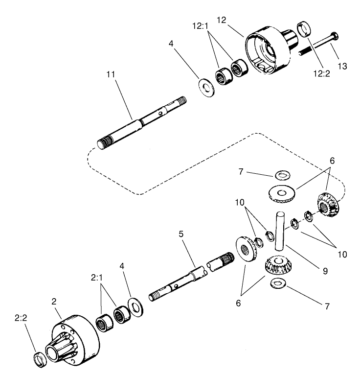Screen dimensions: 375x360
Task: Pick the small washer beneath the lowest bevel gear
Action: pos(277,283)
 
